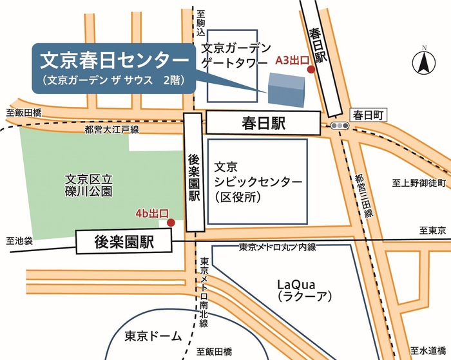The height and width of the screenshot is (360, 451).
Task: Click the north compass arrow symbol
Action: pyautogui.click(x=423, y=63)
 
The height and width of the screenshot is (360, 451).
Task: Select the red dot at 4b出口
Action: pyautogui.click(x=171, y=223)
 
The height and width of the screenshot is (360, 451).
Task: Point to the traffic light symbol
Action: pyautogui.click(x=337, y=125)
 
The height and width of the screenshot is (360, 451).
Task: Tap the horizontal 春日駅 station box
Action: pyautogui.click(x=264, y=122)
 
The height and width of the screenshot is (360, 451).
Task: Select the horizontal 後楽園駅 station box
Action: pyautogui.click(x=123, y=242)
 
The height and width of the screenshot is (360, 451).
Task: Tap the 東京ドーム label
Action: pyautogui.click(x=149, y=335)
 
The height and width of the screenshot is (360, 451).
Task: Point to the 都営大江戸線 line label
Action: pyautogui.click(x=111, y=131)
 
